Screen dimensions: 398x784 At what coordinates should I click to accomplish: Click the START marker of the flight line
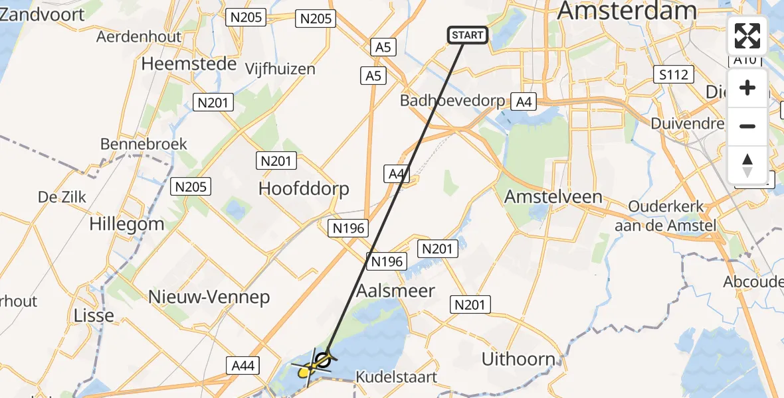pyautogui.click(x=468, y=35)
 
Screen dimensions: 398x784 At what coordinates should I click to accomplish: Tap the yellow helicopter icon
pyautogui.click(x=306, y=372)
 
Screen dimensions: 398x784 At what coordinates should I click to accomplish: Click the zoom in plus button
pyautogui.click(x=747, y=88)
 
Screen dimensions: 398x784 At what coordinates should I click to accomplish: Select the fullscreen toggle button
pyautogui.click(x=747, y=36)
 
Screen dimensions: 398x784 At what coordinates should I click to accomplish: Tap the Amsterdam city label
pyautogui.click(x=627, y=11)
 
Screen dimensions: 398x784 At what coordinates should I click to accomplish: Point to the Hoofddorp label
pyautogui.click(x=304, y=189)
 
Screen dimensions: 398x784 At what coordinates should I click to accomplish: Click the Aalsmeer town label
pyautogui.click(x=395, y=291)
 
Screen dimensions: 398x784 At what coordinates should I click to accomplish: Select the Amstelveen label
pyautogui.click(x=553, y=196)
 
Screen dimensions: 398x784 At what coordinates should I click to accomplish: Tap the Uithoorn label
pyautogui.click(x=518, y=360)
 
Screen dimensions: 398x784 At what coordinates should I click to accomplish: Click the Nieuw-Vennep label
pyautogui.click(x=209, y=297)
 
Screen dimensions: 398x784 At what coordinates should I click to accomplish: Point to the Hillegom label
pyautogui.click(x=126, y=224)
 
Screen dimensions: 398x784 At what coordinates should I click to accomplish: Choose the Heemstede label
pyautogui.click(x=189, y=64)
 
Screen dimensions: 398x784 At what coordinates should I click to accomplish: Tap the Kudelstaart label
pyautogui.click(x=397, y=377)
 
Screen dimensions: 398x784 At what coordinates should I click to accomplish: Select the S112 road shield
pyautogui.click(x=672, y=74)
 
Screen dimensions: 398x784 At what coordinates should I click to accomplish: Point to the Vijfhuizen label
pyautogui.click(x=280, y=69)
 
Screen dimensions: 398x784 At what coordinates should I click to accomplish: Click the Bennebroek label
pyautogui.click(x=144, y=144)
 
